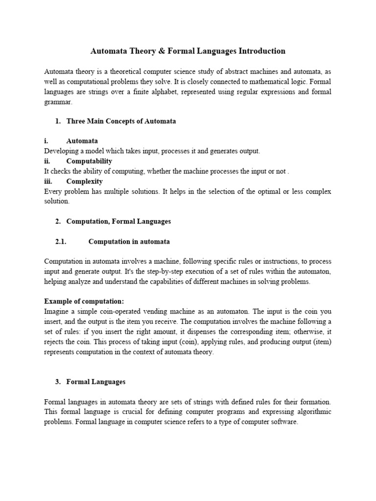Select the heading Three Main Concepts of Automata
[121, 121]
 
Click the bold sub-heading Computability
[89, 161]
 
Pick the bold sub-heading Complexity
[84, 181]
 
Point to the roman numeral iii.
[48, 181]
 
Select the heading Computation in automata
[129, 241]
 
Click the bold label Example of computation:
[84, 301]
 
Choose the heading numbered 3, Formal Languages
[96, 382]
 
